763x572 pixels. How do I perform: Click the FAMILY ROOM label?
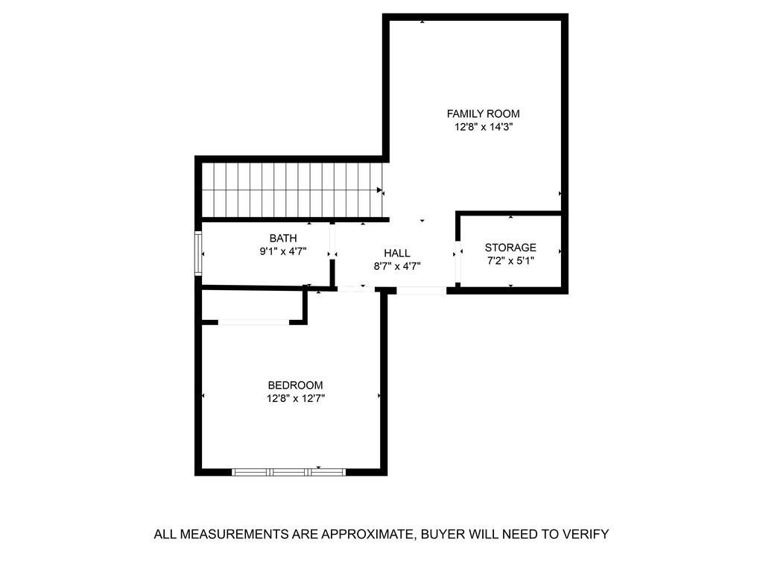tap(483, 114)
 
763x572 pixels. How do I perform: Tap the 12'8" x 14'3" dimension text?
tap(484, 128)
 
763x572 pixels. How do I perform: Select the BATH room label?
tap(283, 238)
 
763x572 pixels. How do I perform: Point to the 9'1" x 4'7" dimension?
tap(283, 251)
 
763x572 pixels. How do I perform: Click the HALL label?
tap(397, 253)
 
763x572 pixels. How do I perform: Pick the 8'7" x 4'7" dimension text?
tap(397, 266)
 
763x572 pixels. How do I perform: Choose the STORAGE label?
tap(510, 248)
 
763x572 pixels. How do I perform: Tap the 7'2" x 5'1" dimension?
tap(510, 261)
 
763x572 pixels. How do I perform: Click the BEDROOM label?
tap(295, 386)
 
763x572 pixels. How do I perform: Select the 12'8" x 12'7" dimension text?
tap(295, 398)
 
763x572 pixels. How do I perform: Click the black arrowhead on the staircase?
tap(379, 190)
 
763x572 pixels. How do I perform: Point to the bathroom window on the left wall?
tap(198, 254)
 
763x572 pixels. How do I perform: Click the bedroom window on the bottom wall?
tap(288, 471)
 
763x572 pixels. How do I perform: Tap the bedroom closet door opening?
tap(253, 322)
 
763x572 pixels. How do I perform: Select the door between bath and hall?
tap(332, 242)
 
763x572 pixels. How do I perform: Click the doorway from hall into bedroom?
tap(356, 289)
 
